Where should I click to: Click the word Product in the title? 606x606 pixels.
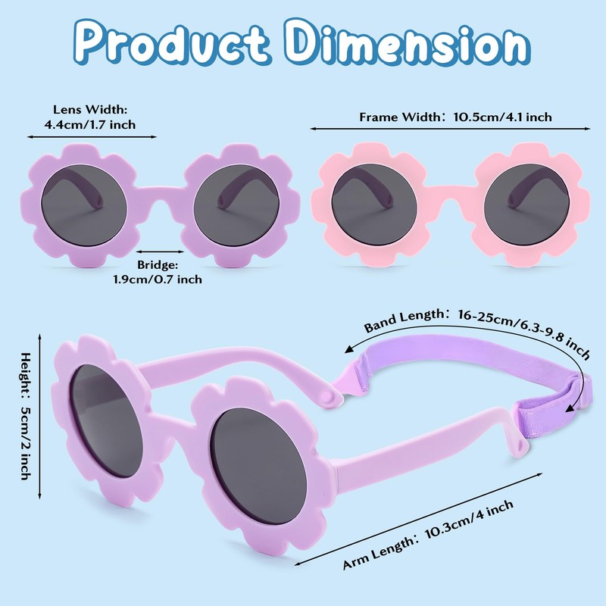point(172,43)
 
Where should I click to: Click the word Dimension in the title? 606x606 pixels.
point(408,42)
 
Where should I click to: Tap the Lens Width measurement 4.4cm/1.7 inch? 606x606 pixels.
point(90,117)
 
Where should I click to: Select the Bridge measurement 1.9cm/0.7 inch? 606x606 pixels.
point(158,272)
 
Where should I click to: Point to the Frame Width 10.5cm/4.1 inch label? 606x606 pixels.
point(455,117)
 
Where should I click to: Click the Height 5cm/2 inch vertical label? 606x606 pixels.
point(26,416)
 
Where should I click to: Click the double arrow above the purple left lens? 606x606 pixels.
point(92,137)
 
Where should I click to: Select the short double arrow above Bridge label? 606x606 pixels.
point(160,251)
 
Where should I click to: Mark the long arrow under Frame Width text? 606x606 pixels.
point(450,129)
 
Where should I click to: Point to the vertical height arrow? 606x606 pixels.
point(39,416)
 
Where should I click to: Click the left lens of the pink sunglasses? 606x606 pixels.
point(374,205)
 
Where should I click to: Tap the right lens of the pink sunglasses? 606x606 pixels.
point(526,205)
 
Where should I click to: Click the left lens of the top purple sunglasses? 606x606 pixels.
point(84,205)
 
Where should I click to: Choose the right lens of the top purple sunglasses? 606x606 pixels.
point(236,205)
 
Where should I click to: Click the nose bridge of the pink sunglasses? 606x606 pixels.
point(450,193)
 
